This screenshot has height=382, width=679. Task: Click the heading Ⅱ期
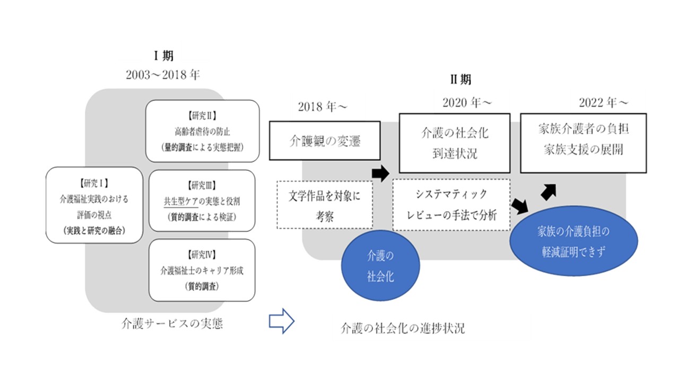tap(460, 80)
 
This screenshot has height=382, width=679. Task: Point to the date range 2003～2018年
tap(163, 75)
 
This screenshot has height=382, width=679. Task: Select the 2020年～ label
tap(467, 102)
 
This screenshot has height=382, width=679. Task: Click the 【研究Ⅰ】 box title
tap(94, 184)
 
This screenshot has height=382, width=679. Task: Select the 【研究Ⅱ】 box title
tap(203, 114)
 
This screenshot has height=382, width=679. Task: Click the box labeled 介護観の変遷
tap(325, 141)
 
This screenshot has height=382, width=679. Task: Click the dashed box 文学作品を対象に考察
tap(325, 205)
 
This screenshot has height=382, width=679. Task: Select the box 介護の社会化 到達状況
tap(455, 143)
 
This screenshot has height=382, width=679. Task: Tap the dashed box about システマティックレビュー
tap(451, 205)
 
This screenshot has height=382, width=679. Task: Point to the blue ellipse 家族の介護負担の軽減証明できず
tap(573, 241)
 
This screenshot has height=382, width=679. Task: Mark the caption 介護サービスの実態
tap(172, 324)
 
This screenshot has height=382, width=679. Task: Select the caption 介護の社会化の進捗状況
tap(403, 328)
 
